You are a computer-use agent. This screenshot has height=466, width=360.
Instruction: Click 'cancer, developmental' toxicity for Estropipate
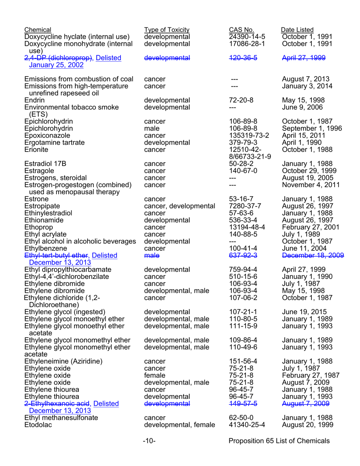tap(176, 206)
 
